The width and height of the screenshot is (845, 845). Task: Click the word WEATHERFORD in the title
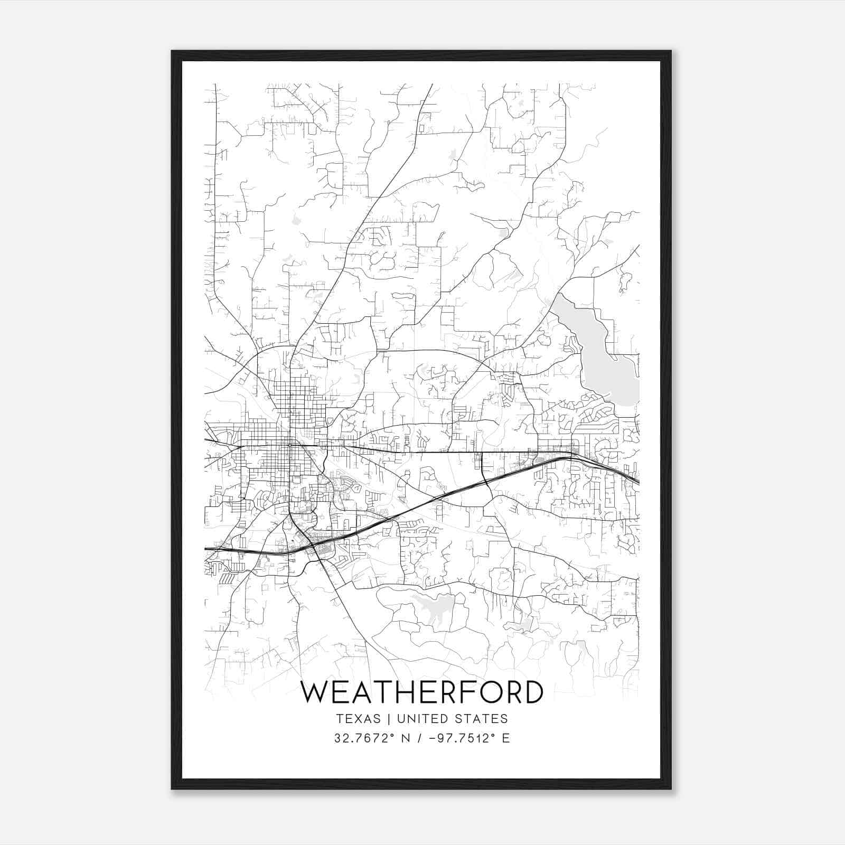(421, 692)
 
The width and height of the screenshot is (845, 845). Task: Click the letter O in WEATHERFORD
(490, 692)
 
